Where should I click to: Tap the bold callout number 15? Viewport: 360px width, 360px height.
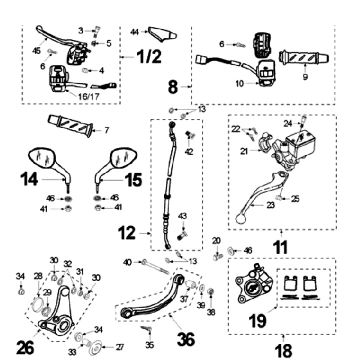[x=132, y=178]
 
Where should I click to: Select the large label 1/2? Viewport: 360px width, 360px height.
[x=148, y=57]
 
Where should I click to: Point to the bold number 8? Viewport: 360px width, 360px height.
[x=173, y=87]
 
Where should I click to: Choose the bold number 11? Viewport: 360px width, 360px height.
[x=280, y=246]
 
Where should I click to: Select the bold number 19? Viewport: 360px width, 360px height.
[x=258, y=320]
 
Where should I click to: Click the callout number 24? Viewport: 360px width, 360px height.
[x=287, y=122]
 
